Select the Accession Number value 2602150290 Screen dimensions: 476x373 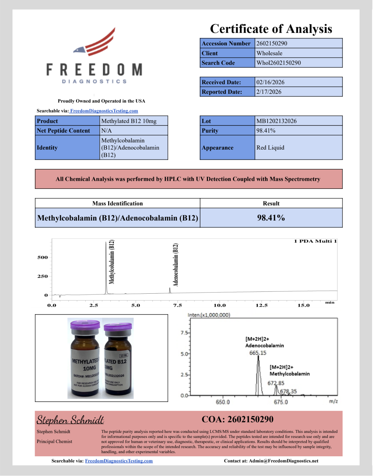[x=272, y=43]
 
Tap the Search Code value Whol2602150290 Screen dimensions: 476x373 [x=278, y=63]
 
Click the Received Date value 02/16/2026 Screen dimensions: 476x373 [x=270, y=82]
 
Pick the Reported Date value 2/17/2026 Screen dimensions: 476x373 [x=269, y=92]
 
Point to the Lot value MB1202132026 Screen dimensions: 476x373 [x=276, y=121]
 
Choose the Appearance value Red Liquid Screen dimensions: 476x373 [x=270, y=148]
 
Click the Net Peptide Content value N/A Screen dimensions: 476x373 [x=107, y=131]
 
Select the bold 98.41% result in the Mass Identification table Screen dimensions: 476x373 [x=271, y=218]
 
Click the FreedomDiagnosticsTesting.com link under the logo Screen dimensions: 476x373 [x=104, y=111]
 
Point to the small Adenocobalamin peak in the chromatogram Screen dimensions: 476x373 [x=170, y=290]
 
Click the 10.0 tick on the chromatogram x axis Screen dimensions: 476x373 [x=220, y=306]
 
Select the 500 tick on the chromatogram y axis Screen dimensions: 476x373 [x=42, y=257]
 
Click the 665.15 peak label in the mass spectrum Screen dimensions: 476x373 [x=258, y=353]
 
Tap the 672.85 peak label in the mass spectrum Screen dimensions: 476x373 [x=276, y=383]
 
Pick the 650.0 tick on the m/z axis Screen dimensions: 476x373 [x=223, y=402]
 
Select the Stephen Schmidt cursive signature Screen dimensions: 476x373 [x=70, y=420]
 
